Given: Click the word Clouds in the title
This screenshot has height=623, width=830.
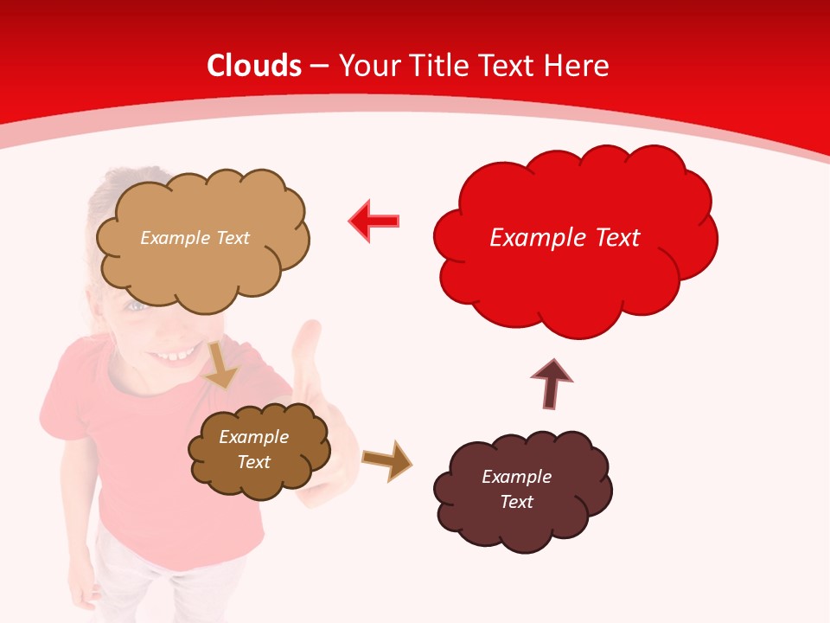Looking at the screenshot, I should point(254,66).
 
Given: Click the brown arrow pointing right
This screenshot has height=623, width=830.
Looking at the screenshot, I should point(386,459).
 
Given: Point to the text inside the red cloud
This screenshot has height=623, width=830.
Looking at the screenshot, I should point(565,238).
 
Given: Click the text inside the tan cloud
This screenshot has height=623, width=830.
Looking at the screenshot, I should point(195,238).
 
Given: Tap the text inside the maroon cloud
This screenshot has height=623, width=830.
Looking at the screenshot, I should point(516,489).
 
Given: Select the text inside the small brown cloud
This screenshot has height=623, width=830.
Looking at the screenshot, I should point(253,449).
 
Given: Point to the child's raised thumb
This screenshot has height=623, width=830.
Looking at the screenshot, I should point(307,346).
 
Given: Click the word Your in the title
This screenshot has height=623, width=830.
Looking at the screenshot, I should point(367,66).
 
